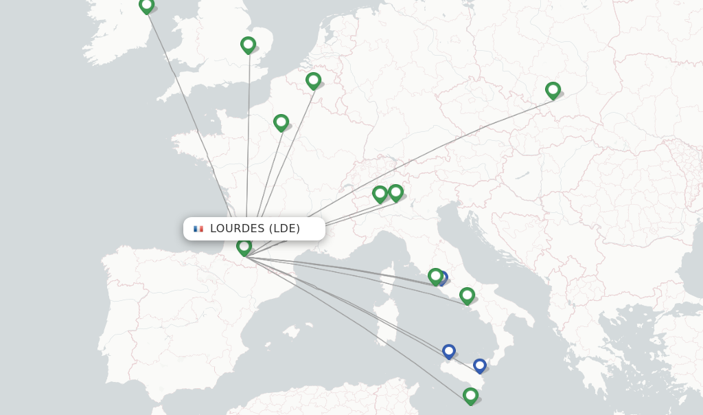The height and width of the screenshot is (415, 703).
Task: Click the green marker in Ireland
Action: click(146, 5)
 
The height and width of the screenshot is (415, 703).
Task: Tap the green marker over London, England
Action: click(248, 45)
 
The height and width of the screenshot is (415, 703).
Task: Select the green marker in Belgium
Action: click(313, 80)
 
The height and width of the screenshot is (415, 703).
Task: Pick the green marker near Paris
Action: click(281, 122)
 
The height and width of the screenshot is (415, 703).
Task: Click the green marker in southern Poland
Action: click(553, 90)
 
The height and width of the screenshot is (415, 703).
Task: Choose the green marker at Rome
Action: click(435, 276)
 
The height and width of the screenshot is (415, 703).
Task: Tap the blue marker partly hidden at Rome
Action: click(443, 278)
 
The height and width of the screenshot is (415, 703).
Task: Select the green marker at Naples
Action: click(467, 295)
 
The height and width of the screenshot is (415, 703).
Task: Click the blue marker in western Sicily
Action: click(448, 351)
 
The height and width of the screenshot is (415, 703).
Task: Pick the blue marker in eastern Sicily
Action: click(480, 366)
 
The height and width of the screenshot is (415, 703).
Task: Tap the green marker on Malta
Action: click(470, 396)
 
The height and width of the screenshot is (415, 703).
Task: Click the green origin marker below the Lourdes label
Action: click(244, 247)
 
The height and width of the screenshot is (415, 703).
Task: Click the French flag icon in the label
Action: click(198, 229)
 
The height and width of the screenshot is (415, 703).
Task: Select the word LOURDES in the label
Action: click(237, 229)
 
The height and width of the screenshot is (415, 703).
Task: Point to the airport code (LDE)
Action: click(284, 229)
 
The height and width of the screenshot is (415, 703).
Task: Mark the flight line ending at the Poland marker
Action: click(412, 161)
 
